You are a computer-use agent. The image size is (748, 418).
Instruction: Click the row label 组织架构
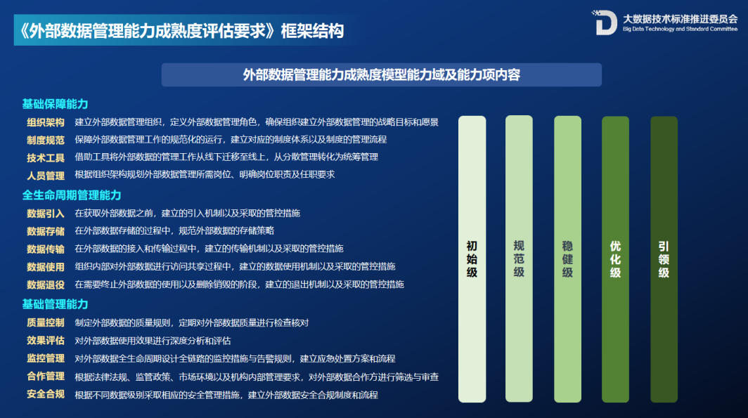(46, 122)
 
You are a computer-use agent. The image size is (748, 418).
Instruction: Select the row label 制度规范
(46, 140)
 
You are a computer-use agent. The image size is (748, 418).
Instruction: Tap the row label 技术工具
(46, 157)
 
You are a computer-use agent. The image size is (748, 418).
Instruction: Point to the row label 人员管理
(46, 175)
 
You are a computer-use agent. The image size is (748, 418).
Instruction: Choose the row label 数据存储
(46, 231)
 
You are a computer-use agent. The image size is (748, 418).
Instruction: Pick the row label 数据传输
(46, 249)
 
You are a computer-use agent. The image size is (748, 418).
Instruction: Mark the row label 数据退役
(46, 285)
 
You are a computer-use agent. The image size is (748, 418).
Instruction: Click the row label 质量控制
(46, 322)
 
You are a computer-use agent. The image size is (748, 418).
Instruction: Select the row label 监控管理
(46, 358)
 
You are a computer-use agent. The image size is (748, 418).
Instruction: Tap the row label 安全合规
(46, 394)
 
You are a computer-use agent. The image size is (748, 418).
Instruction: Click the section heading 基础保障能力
(55, 104)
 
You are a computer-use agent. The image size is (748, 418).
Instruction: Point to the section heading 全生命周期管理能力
(72, 195)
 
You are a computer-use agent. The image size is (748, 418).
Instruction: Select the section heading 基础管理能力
(55, 304)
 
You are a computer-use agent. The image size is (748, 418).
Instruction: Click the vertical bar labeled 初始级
(472, 259)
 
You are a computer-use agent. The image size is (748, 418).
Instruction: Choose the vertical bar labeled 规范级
(519, 259)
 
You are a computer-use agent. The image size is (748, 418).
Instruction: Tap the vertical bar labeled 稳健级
(567, 259)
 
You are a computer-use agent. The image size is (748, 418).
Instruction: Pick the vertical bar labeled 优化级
(615, 259)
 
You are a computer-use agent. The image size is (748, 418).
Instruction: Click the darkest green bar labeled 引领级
(664, 259)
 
